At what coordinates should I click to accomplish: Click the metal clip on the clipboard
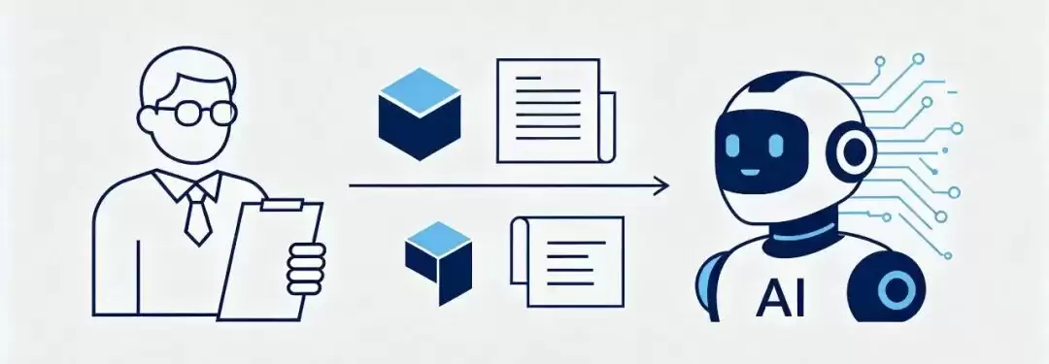pyautogui.click(x=282, y=204)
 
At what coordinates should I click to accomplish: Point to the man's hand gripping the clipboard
pyautogui.click(x=306, y=268)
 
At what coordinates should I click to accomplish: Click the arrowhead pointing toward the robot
pyautogui.click(x=661, y=185)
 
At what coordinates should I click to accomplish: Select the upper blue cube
pyautogui.click(x=420, y=114)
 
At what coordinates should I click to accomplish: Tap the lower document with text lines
pyautogui.click(x=567, y=261)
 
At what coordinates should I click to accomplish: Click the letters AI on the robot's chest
pyautogui.click(x=780, y=298)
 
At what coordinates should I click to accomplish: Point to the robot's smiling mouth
pyautogui.click(x=750, y=172)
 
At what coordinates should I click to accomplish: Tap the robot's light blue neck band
pyautogui.click(x=800, y=233)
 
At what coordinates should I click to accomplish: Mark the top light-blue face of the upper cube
pyautogui.click(x=420, y=92)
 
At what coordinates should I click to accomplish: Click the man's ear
pyautogui.click(x=146, y=121)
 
